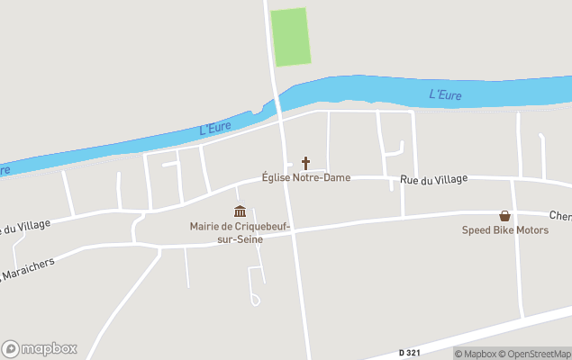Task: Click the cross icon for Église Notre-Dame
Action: pos(306,163)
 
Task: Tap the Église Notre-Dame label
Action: pos(305,178)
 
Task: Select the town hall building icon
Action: pos(240,211)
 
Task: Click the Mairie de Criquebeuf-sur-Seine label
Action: pos(240,232)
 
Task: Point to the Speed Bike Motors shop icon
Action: pos(504,216)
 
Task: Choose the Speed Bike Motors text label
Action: pos(504,230)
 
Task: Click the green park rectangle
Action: pos(290,37)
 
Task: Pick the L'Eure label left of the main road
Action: pos(215,129)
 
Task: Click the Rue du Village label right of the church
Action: pos(434,180)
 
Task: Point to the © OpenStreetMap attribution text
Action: pos(536,354)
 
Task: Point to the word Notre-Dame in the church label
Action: pos(322,178)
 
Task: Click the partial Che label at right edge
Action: pos(559,216)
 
